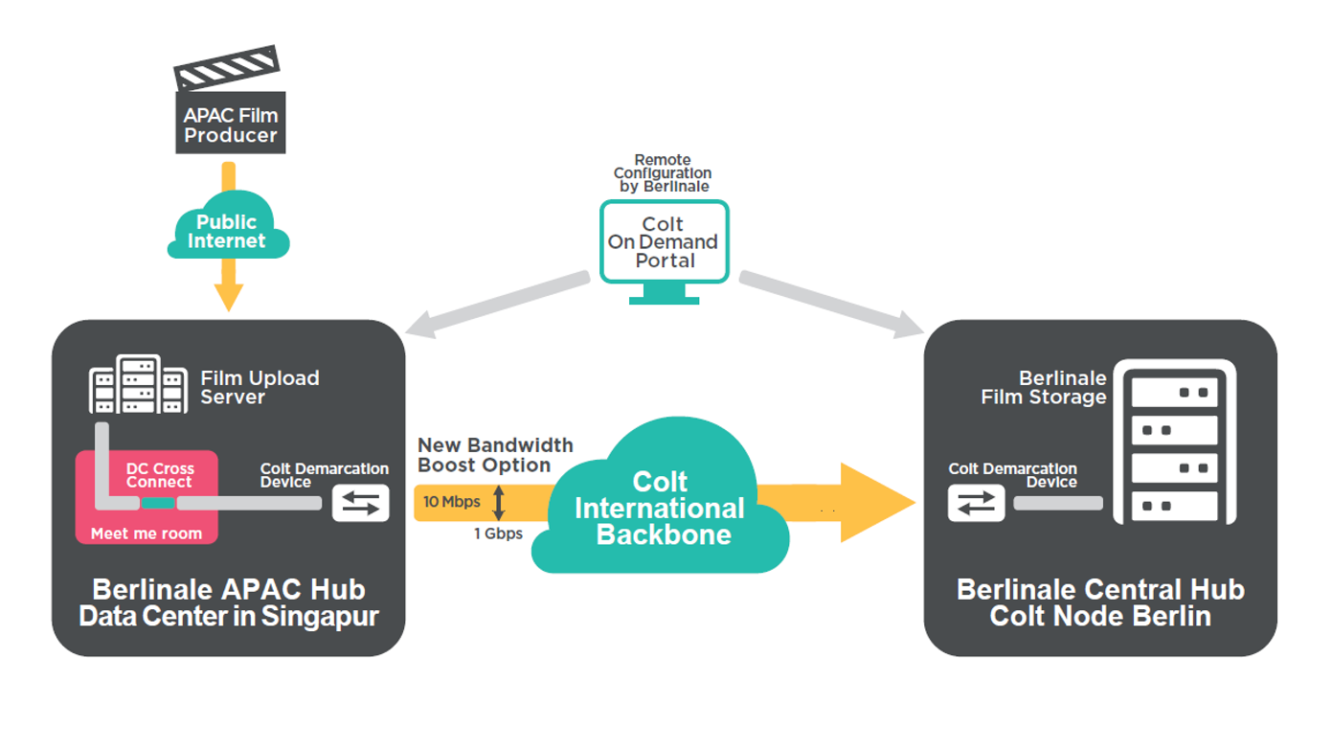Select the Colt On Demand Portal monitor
(x=665, y=245)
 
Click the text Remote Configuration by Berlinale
(x=663, y=173)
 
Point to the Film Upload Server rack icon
(x=138, y=385)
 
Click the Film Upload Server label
(x=260, y=387)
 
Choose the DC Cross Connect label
(x=159, y=476)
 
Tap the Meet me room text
(x=147, y=533)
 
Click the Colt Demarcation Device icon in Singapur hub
(x=360, y=503)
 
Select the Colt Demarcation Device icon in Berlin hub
(x=976, y=503)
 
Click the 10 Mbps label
(x=452, y=502)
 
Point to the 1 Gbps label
(x=498, y=533)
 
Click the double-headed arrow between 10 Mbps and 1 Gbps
(x=498, y=503)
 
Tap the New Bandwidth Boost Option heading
(x=494, y=455)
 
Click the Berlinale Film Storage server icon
(x=1174, y=442)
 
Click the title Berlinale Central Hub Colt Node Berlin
(x=1099, y=602)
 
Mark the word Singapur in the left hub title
(x=324, y=616)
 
